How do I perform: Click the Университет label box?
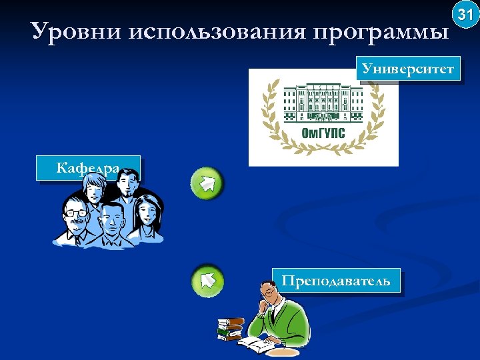[x=409, y=69]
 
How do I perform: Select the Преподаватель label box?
[x=336, y=281]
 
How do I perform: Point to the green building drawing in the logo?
[x=323, y=103]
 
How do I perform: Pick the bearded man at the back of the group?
[x=125, y=190]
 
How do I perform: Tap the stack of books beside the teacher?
[x=231, y=328]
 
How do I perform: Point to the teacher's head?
[x=269, y=293]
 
